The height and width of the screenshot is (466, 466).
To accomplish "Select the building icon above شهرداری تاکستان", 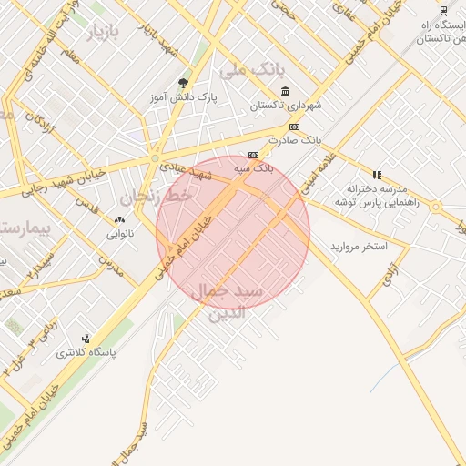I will pyautogui.click(x=286, y=91).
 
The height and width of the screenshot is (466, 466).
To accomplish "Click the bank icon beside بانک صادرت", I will pyautogui.click(x=294, y=127).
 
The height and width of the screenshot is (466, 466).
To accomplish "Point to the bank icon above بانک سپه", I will pyautogui.click(x=253, y=155).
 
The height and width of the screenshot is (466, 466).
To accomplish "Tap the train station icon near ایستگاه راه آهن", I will pyautogui.click(x=443, y=11).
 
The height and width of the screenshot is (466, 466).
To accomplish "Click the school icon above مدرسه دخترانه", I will pyautogui.click(x=377, y=174).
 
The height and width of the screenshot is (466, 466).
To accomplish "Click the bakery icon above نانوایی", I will pyautogui.click(x=119, y=220).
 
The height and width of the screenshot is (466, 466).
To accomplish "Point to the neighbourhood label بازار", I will pyautogui.click(x=104, y=34).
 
